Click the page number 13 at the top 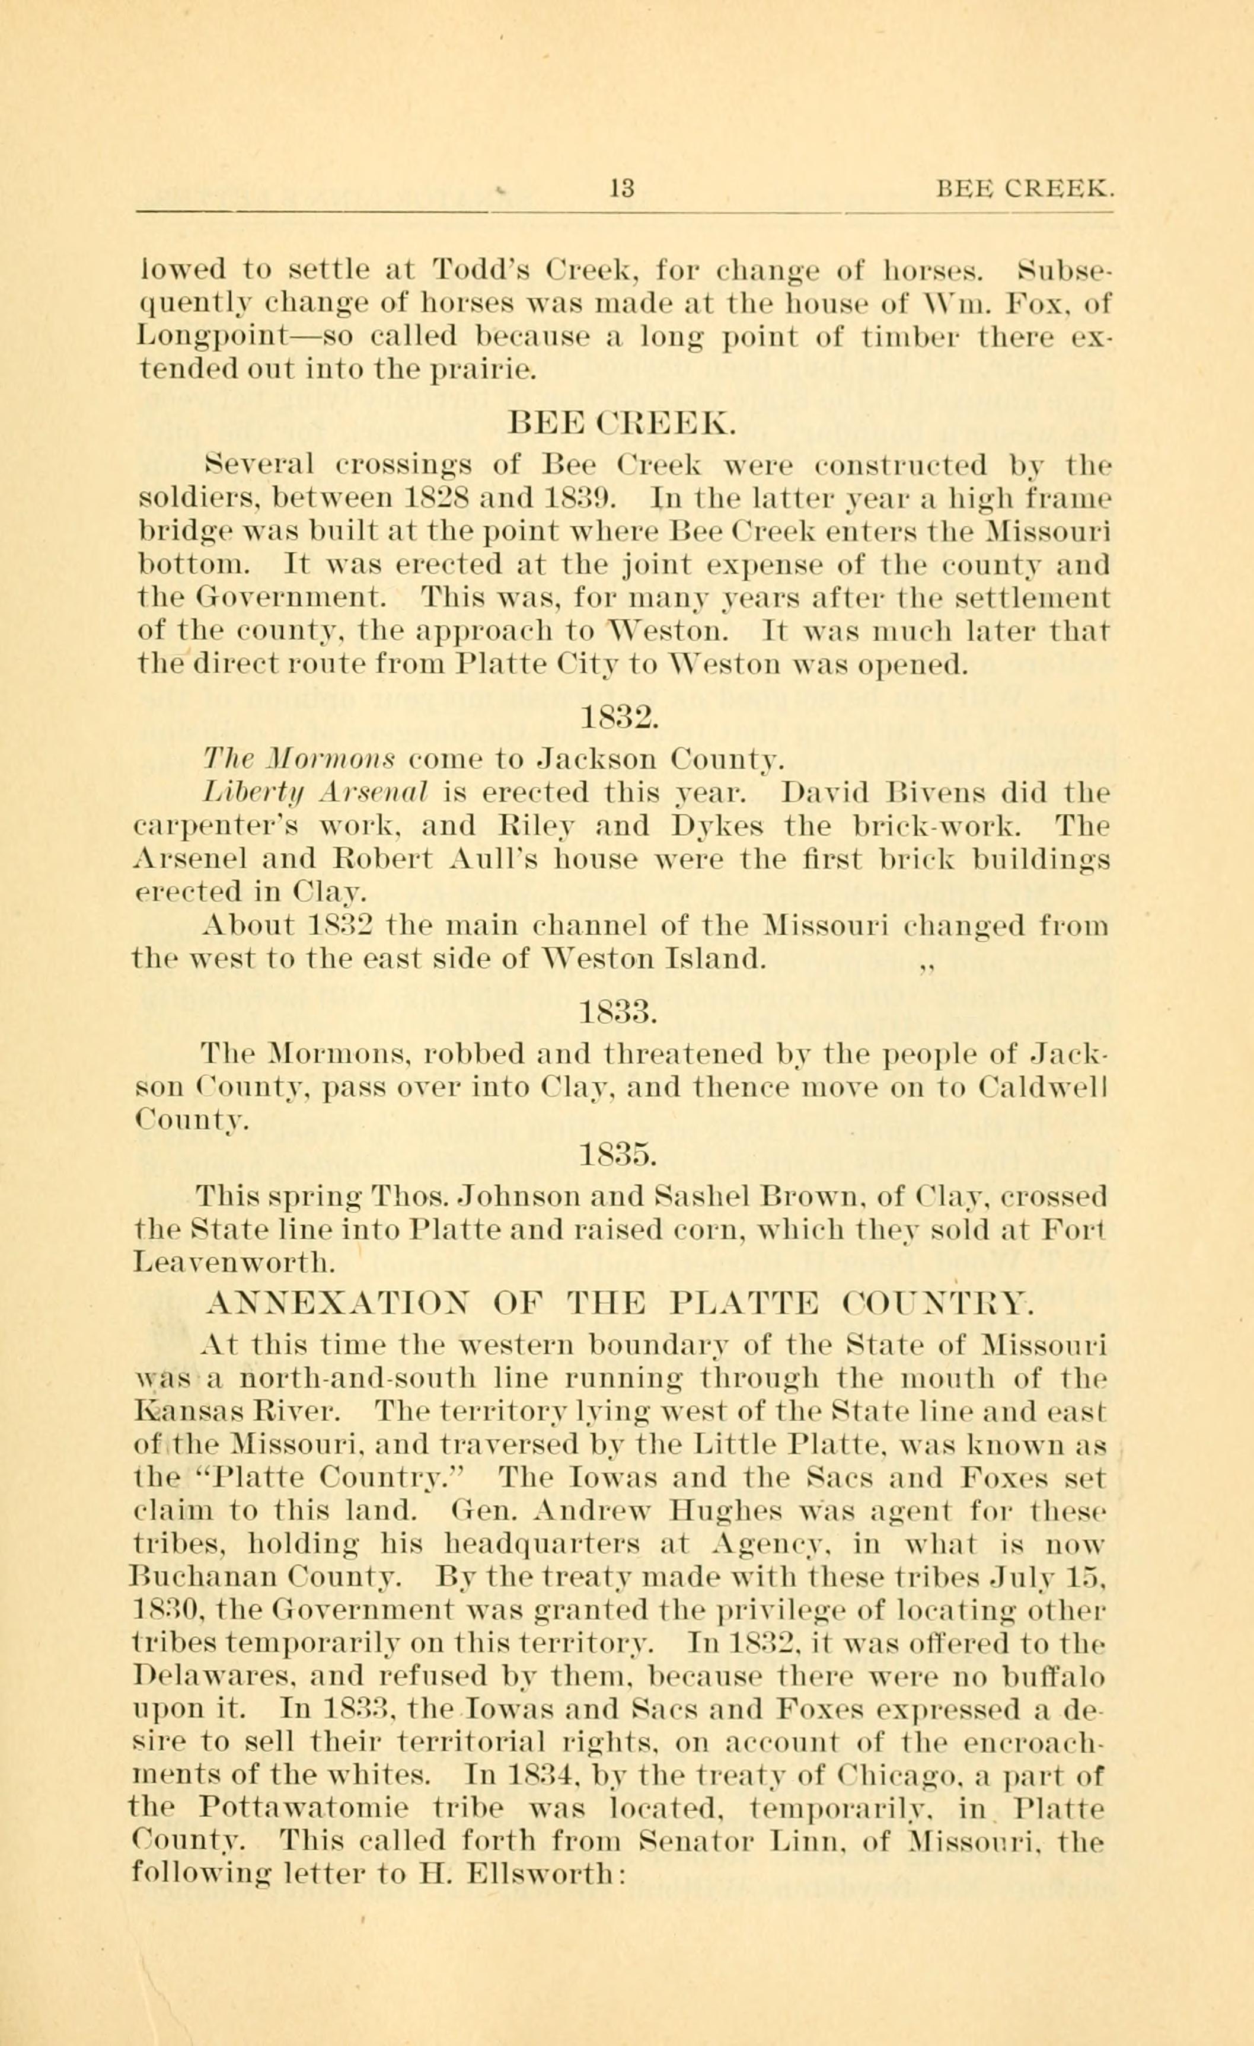[x=621, y=189]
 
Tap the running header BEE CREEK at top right [x=1024, y=190]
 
